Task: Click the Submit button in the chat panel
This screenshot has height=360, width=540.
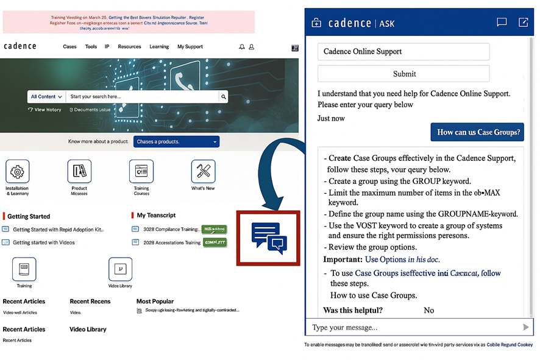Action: (x=403, y=74)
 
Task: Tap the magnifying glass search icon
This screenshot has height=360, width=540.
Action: (x=224, y=96)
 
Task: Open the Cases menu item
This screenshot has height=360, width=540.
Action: (x=70, y=47)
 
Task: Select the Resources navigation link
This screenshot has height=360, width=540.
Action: (x=129, y=47)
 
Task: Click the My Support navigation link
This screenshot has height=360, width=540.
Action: (x=190, y=47)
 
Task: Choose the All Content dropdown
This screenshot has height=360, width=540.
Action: (x=46, y=96)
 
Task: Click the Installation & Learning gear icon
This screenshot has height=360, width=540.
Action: (x=18, y=172)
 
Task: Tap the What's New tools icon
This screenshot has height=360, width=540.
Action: (x=203, y=172)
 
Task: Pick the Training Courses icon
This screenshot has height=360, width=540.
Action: (x=141, y=172)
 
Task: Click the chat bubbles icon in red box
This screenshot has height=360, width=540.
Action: (x=269, y=238)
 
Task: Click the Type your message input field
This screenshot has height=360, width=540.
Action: (x=411, y=327)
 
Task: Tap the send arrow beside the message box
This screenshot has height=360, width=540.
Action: (x=526, y=327)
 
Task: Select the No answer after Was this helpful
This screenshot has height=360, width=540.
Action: (x=429, y=310)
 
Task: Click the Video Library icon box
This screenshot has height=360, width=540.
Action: (x=121, y=269)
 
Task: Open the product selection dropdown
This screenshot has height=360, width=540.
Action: (x=176, y=142)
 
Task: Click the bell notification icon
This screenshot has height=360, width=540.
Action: (x=242, y=47)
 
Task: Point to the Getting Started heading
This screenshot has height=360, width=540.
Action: (x=29, y=216)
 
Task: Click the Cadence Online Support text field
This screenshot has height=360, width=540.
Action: (x=403, y=52)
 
